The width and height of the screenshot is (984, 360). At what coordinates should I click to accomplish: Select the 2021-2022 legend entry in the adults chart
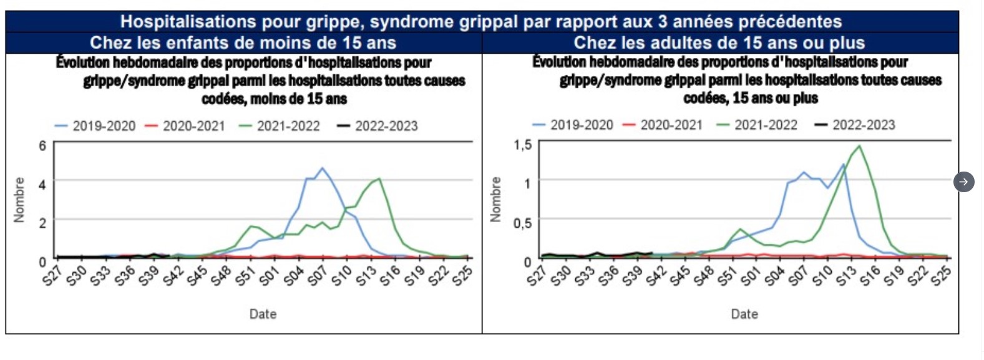point(757,125)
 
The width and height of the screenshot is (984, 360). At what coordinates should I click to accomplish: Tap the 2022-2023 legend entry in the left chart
point(378,126)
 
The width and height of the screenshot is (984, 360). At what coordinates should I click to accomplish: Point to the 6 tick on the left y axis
point(42,145)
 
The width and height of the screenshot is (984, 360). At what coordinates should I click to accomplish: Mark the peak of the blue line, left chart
point(322,168)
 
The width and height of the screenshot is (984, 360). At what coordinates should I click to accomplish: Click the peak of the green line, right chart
point(860,146)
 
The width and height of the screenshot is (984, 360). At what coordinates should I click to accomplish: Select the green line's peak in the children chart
point(379,179)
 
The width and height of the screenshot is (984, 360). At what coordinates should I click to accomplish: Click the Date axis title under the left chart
point(263,314)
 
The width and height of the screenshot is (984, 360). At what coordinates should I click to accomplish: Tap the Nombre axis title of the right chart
point(496,200)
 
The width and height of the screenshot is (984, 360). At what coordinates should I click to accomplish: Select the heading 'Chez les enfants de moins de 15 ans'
point(243,43)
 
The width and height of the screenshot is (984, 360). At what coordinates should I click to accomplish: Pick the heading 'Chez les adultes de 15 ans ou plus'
point(719,43)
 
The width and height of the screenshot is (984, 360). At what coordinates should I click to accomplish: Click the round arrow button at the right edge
point(964,182)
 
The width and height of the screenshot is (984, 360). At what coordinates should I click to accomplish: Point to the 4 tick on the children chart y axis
point(42,185)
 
